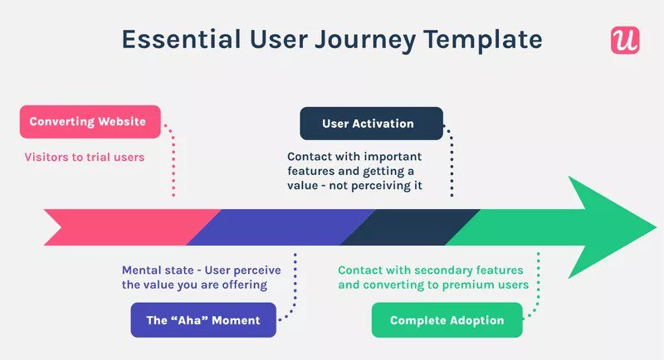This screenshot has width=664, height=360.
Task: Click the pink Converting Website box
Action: point(88,122)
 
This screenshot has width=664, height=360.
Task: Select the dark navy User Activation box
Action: point(368,124)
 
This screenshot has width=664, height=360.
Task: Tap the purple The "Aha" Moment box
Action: point(203,320)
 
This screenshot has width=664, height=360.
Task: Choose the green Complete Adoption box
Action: point(447,320)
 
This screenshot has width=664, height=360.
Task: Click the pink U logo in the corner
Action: point(624,40)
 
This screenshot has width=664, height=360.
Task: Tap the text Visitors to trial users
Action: point(84,156)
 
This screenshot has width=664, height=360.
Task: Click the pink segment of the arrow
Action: point(124,226)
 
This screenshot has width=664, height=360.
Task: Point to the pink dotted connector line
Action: point(173,166)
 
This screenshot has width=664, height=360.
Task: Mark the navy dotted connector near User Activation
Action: point(452,166)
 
